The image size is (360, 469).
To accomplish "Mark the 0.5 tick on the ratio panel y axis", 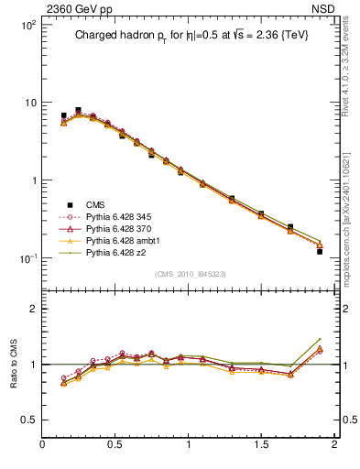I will pyautogui.click(x=29, y=420).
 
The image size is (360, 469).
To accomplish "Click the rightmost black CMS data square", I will pyautogui.click(x=320, y=251).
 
